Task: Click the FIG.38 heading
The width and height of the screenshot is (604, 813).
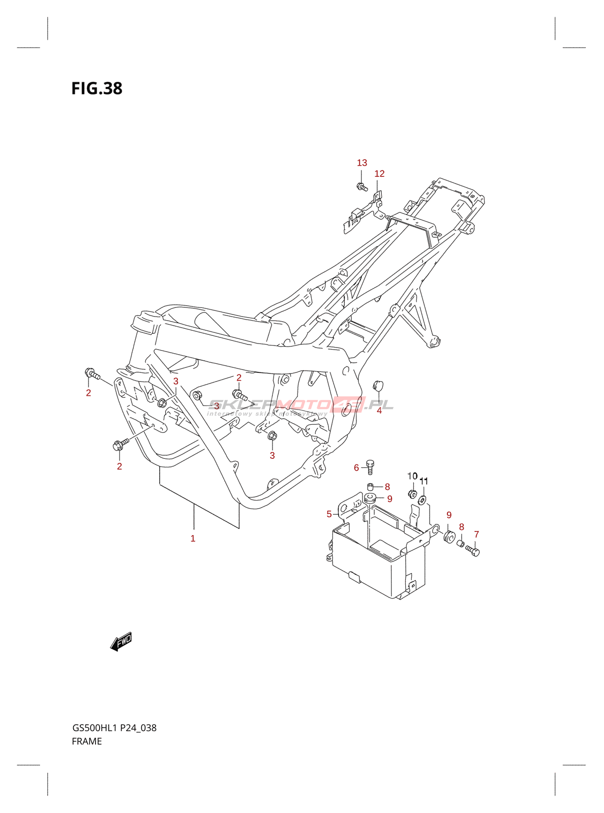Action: coord(97,88)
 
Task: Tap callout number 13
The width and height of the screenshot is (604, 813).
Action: coord(361,163)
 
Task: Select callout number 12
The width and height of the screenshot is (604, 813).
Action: coord(379,174)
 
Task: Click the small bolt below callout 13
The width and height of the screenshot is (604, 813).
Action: coord(361,187)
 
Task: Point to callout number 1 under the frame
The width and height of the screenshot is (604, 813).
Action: coord(193,539)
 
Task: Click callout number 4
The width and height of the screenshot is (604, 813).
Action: coord(379,411)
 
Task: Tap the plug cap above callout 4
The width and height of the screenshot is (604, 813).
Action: coord(378,386)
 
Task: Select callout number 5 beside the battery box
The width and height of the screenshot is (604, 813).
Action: coord(329,514)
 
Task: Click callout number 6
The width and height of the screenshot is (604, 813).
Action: coord(356,467)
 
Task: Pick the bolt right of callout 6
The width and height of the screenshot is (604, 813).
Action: coord(370,466)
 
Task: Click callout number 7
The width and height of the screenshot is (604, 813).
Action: coord(476,535)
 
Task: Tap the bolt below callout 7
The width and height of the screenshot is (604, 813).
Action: coord(473,550)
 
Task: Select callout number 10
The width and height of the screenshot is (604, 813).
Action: coord(412,476)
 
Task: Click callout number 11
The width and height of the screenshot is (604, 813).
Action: coord(424,481)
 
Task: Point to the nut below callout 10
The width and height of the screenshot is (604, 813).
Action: coord(412,493)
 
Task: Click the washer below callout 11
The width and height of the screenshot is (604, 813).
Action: coord(422,501)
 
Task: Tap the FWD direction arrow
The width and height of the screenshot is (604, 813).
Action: coord(121,642)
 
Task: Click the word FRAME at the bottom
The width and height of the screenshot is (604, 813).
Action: coord(87,741)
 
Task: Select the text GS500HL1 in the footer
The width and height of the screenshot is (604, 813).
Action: coord(95,728)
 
